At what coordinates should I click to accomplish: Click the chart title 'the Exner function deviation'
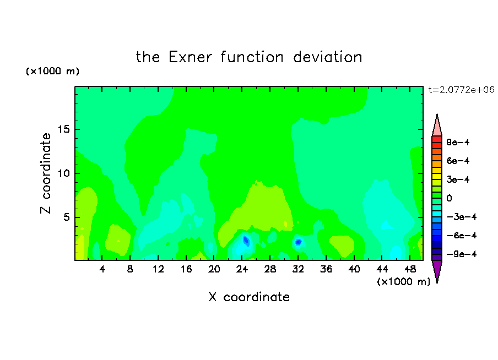point(249,57)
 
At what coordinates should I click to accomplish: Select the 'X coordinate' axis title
point(249,297)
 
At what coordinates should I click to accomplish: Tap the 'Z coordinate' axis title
point(46,173)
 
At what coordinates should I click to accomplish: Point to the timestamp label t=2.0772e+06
point(461,90)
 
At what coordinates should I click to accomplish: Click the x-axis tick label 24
point(242,270)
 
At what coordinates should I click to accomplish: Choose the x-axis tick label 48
point(410,270)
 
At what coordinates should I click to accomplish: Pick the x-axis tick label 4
point(102,270)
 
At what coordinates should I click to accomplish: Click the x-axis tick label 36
point(326,270)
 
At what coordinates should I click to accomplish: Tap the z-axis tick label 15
point(64,129)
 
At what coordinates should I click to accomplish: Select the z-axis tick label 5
point(67,217)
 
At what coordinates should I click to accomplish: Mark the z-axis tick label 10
point(64,173)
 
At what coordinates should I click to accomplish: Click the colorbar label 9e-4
point(458,142)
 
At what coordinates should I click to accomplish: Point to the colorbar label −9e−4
point(462,254)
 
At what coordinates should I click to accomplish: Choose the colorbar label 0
point(449,198)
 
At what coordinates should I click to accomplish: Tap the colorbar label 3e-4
point(458,179)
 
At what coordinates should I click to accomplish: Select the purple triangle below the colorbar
point(437,270)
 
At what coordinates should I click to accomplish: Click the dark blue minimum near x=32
point(298,242)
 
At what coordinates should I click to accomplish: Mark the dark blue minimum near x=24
point(246,241)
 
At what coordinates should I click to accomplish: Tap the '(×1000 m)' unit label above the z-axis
point(52,71)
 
